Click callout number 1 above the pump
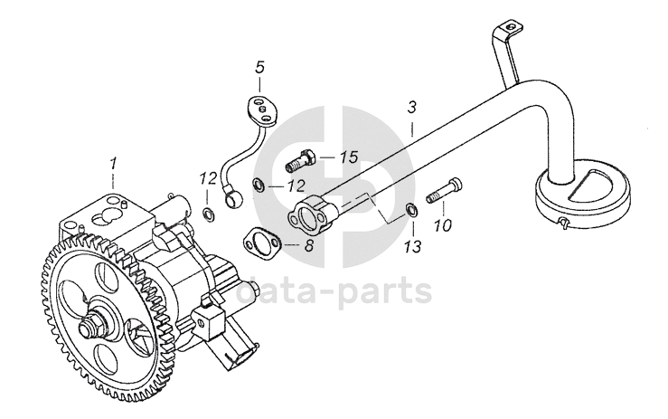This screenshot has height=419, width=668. pyautogui.click(x=113, y=163)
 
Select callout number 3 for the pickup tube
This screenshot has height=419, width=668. pyautogui.click(x=411, y=107)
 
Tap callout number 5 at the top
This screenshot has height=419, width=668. pyautogui.click(x=259, y=67)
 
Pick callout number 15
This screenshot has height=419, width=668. pyautogui.click(x=348, y=157)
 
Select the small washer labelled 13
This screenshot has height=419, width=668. pyautogui.click(x=411, y=211)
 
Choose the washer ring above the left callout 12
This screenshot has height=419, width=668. pyautogui.click(x=208, y=214)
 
